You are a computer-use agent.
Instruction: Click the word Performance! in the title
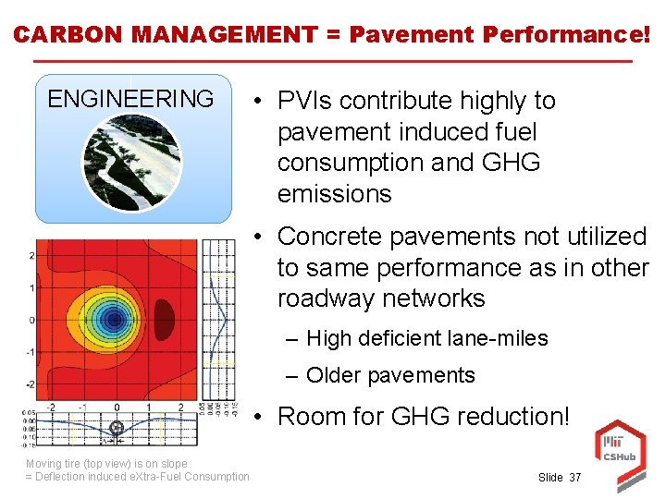point(567,34)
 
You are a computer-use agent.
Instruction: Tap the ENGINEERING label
point(130,99)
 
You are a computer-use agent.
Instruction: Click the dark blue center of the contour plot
point(114,320)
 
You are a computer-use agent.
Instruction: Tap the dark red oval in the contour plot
point(164,319)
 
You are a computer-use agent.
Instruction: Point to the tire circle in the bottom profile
point(117,428)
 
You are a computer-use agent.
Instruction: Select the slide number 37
point(575,477)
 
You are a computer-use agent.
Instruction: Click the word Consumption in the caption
point(216,477)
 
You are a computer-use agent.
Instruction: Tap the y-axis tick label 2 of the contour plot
point(32,256)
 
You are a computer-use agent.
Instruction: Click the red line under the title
point(333,62)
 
